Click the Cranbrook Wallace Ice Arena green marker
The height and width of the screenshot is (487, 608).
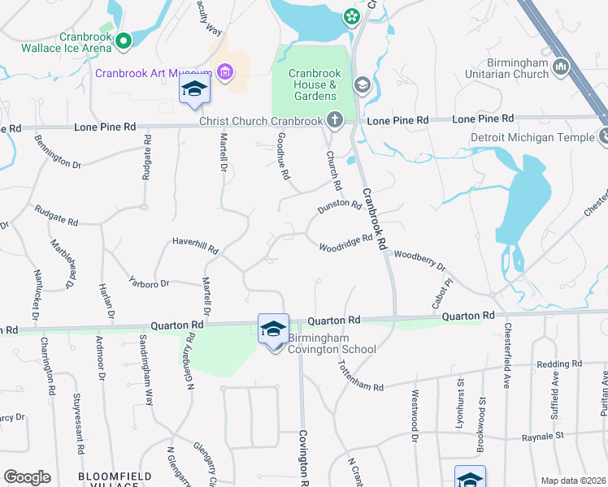click(x=124, y=39)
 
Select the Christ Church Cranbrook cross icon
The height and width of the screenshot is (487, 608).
click(x=333, y=120)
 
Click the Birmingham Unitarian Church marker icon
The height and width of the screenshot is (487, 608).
click(x=560, y=65)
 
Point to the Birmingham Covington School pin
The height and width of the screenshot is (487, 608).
click(x=273, y=329)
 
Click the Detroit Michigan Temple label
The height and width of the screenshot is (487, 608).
click(x=533, y=138)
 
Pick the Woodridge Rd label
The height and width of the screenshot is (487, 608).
click(x=345, y=243)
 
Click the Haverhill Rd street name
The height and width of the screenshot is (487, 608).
click(x=195, y=246)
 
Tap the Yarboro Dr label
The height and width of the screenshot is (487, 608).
click(x=148, y=283)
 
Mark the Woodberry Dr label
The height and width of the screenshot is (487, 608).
click(x=419, y=260)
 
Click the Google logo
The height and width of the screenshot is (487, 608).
click(x=27, y=477)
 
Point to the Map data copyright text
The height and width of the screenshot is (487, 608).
click(x=573, y=481)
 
